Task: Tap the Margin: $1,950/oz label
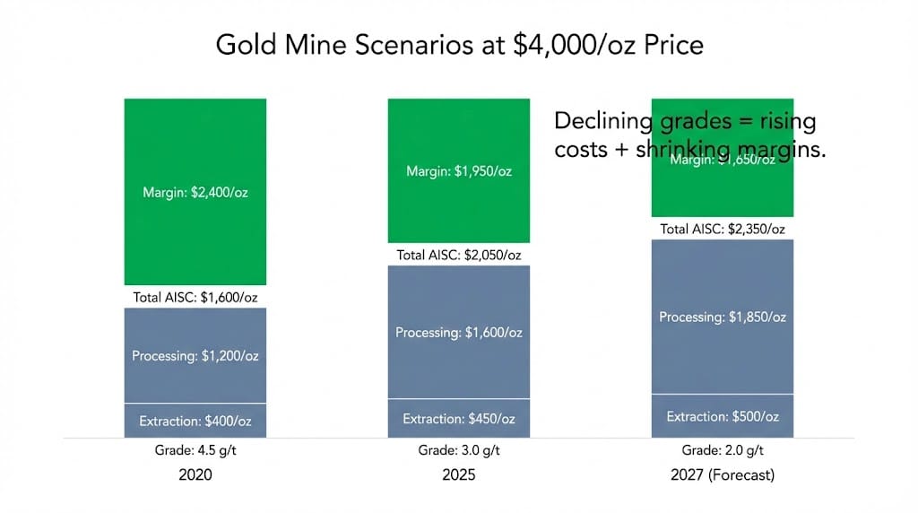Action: click(459, 171)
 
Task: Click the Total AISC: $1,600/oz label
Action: click(195, 297)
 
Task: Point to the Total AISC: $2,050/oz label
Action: click(459, 255)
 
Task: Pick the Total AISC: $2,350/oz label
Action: click(723, 229)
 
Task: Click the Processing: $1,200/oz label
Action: click(195, 356)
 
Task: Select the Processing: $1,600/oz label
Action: click(459, 332)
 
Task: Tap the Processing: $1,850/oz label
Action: click(723, 317)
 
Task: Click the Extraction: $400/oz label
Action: click(195, 421)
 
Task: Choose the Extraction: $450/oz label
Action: click(459, 419)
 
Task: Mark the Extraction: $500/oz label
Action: click(723, 416)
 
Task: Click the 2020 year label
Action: click(195, 475)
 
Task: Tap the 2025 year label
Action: click(459, 475)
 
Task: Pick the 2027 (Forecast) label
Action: click(723, 475)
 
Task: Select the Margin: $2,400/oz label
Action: click(195, 191)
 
